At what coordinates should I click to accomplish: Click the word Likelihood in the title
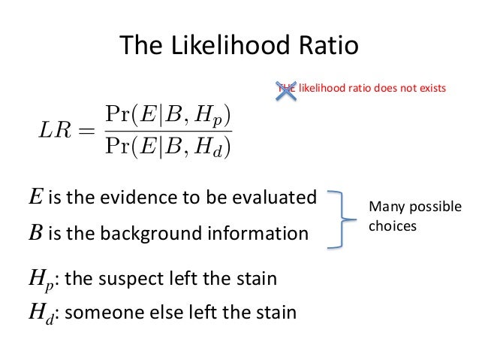point(226,47)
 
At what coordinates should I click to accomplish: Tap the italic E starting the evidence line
point(35,198)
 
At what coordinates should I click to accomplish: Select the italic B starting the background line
point(35,234)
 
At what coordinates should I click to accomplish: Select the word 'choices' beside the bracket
point(392,224)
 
